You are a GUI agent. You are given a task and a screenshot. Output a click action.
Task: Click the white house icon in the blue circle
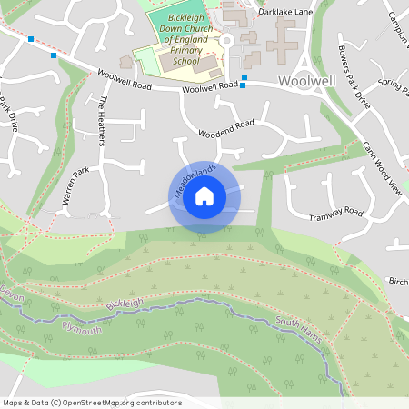pos(204,195)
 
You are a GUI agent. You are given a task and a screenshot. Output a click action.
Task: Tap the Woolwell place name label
pos(306,81)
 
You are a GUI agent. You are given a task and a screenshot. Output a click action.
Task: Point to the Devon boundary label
pos(12,295)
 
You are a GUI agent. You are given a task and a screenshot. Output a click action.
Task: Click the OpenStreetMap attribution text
pos(92,402)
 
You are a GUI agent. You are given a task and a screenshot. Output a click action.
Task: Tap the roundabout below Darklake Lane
pos(226,40)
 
